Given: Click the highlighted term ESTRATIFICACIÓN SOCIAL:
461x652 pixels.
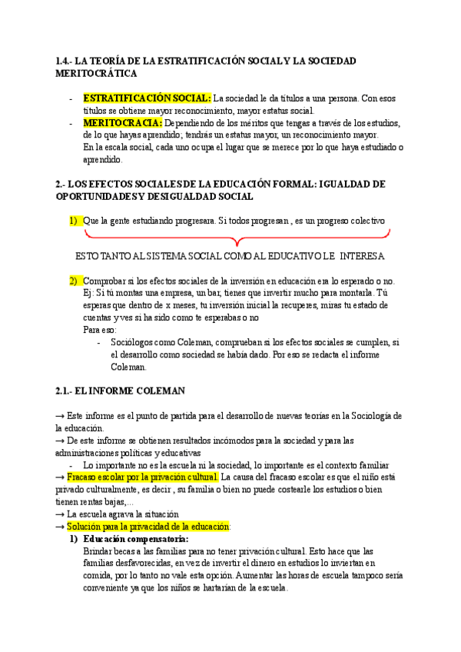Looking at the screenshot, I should click(147, 98).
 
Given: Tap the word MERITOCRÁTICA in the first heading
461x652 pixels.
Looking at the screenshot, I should click(97, 73).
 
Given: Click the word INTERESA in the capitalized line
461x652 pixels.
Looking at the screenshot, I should click(361, 255).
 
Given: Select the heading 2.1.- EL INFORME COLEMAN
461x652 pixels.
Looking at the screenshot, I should click(121, 391).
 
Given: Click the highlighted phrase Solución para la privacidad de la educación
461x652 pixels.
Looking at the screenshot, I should click(148, 527).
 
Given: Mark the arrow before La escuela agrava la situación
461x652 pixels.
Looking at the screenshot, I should click(60, 514).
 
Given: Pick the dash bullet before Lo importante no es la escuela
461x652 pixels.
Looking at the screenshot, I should click(71, 465).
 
